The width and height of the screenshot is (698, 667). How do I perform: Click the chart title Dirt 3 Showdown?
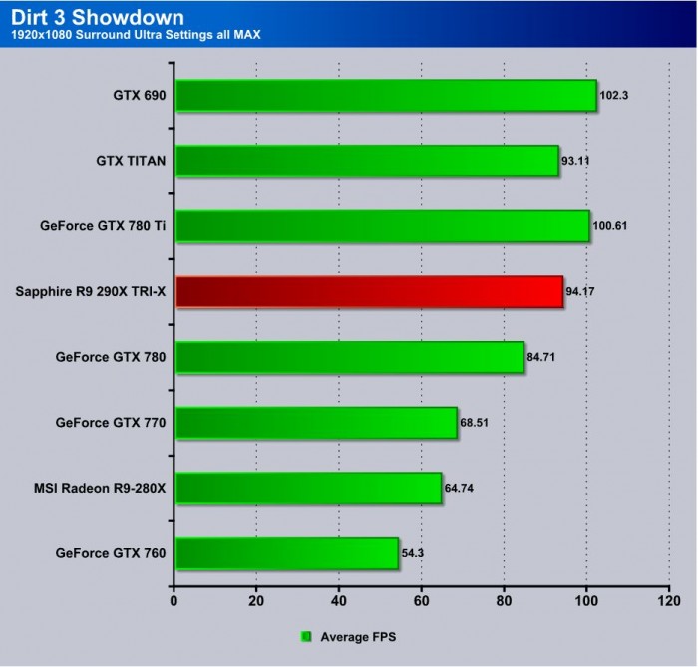click(84, 17)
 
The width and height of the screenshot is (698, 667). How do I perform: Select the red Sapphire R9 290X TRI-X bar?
click(369, 292)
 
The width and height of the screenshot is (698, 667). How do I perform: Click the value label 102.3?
click(614, 97)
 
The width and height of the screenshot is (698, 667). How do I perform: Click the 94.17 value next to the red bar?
click(581, 292)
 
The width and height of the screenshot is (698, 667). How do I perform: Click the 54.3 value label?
click(413, 553)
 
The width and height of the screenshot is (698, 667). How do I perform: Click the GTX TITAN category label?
click(131, 161)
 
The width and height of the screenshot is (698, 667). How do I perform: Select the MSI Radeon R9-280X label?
click(100, 488)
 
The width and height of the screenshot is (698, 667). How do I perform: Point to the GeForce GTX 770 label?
click(111, 423)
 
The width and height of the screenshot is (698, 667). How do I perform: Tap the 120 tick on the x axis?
click(668, 602)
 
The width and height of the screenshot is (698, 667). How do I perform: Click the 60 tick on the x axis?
click(421, 602)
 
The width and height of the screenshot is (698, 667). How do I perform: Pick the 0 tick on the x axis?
click(174, 602)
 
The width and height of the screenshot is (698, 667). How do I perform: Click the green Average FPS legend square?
click(307, 635)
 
